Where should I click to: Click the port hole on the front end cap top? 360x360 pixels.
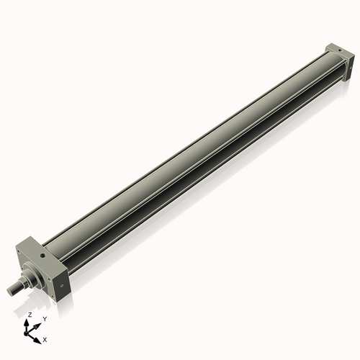[42, 253]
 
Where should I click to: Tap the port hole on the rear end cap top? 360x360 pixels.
[333, 48]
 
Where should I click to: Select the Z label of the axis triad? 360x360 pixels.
[30, 315]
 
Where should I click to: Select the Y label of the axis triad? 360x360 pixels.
[45, 318]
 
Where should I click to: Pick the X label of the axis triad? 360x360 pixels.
[45, 338]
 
